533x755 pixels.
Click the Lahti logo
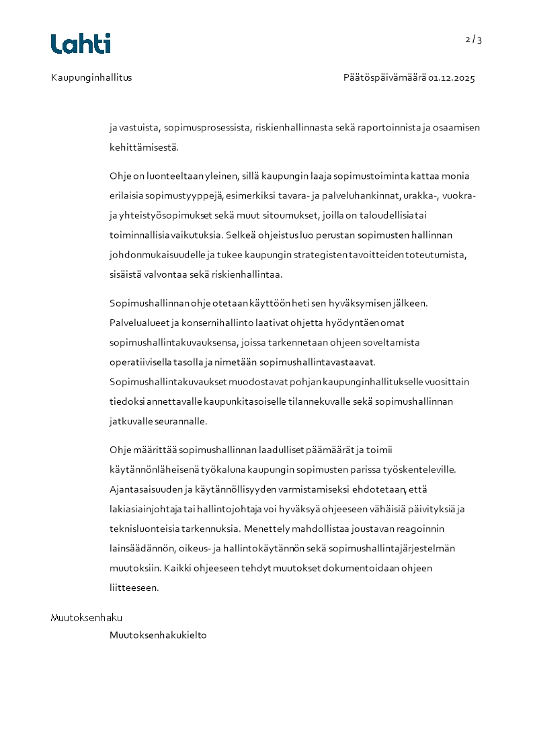(x=81, y=43)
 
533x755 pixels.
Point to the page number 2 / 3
(x=474, y=40)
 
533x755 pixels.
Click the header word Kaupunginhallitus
(x=91, y=77)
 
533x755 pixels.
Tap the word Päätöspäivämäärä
(x=384, y=78)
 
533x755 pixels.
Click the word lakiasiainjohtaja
(x=144, y=509)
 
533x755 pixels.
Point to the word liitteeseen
(x=134, y=588)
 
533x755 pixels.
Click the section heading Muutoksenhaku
(x=87, y=618)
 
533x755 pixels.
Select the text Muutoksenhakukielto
(x=158, y=635)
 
